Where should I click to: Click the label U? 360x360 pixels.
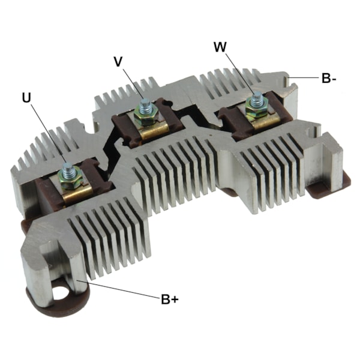point(25,97)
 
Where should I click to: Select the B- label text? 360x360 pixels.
point(328,78)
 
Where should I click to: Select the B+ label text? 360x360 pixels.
point(170,298)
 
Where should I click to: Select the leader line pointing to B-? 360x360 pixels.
point(302,78)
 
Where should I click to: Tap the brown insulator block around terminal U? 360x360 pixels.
point(45,192)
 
